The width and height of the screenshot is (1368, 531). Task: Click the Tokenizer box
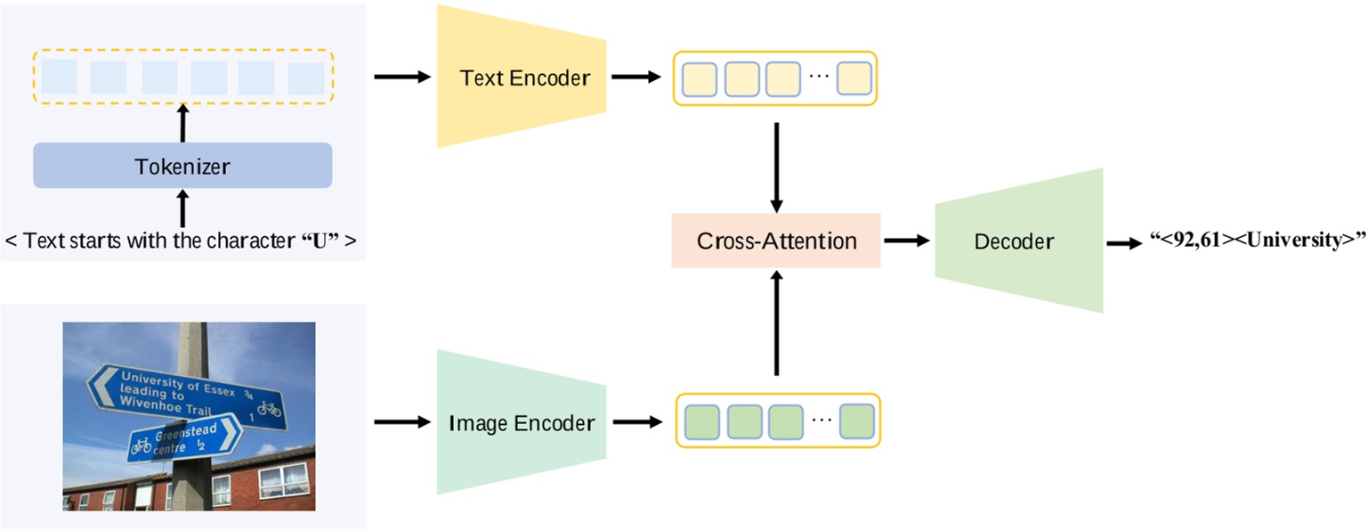point(182,166)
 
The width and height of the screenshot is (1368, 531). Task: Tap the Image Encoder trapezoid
point(521,422)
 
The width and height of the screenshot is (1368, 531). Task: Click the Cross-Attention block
point(776,241)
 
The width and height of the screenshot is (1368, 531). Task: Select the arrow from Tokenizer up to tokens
point(183,123)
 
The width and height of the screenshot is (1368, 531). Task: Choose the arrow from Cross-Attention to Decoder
point(906,241)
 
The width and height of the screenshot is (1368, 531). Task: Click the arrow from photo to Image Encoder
point(401,421)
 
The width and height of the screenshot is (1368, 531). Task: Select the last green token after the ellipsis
point(857,421)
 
